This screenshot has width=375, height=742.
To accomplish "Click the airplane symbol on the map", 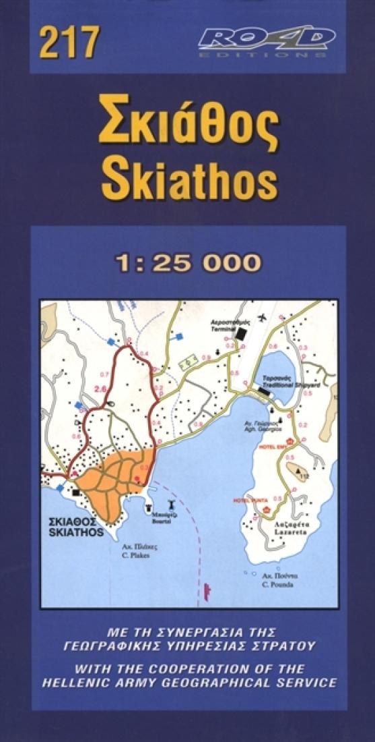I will click(262, 317).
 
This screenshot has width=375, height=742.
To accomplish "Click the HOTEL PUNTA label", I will click(246, 500).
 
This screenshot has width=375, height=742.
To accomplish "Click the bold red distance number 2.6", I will click(102, 389).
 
